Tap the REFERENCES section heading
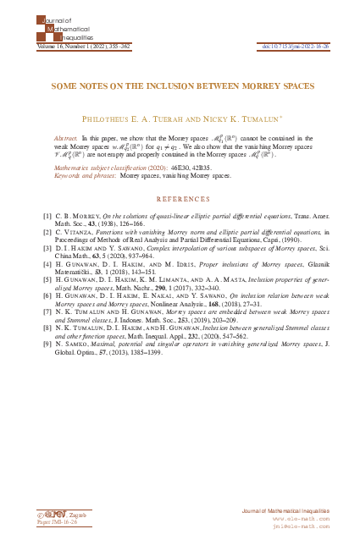[180, 201]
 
